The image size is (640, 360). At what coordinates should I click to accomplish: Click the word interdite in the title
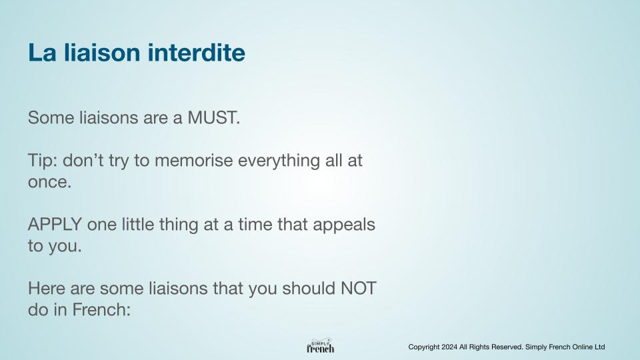pos(196,53)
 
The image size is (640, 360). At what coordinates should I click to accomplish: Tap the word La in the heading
pos(42,53)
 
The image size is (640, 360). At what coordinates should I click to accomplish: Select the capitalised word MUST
pos(213,118)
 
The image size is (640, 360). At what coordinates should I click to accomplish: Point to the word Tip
pos(42,161)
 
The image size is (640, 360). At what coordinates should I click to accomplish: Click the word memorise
pos(194,161)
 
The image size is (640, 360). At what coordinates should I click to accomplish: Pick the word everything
pos(279,161)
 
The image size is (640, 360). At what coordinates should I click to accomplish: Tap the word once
pos(49,183)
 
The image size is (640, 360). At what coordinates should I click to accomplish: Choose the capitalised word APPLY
pos(55,225)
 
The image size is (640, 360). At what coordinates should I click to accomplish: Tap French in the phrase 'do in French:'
pos(101,310)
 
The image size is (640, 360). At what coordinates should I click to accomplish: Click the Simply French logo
pos(321,346)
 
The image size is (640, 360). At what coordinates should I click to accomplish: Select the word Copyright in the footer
pos(424,347)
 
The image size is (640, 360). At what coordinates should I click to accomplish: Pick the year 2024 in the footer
pos(449,347)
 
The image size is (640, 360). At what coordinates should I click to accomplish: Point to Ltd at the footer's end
pos(599,347)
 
